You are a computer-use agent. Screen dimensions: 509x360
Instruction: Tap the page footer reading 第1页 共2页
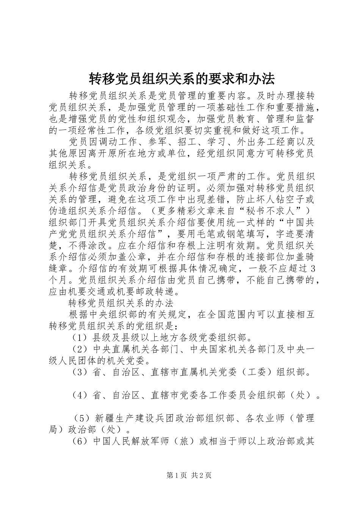tap(189, 475)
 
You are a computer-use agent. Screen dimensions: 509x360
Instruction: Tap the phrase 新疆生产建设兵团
tap(133, 418)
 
